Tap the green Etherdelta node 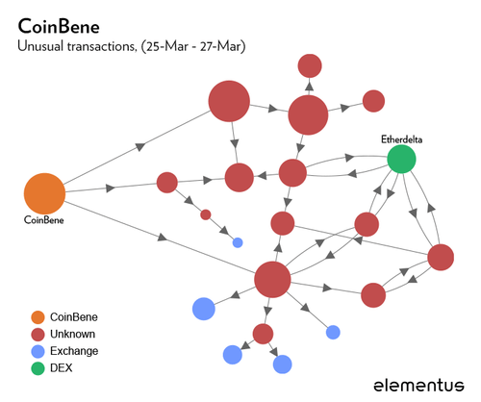pyautogui.click(x=401, y=159)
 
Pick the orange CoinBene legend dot pyautogui.click(x=38, y=316)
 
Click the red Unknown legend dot pyautogui.click(x=38, y=334)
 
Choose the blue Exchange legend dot pyautogui.click(x=38, y=351)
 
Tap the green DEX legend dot pyautogui.click(x=38, y=368)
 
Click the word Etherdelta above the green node pyautogui.click(x=401, y=139)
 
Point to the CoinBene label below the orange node pyautogui.click(x=44, y=220)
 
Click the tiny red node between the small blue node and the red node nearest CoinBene pyautogui.click(x=205, y=214)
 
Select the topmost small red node pyautogui.click(x=310, y=65)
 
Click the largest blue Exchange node pyautogui.click(x=203, y=309)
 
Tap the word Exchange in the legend pyautogui.click(x=74, y=351)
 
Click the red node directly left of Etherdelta pyautogui.click(x=292, y=173)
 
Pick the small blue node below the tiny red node pyautogui.click(x=238, y=241)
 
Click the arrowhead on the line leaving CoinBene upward pyautogui.click(x=140, y=146)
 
